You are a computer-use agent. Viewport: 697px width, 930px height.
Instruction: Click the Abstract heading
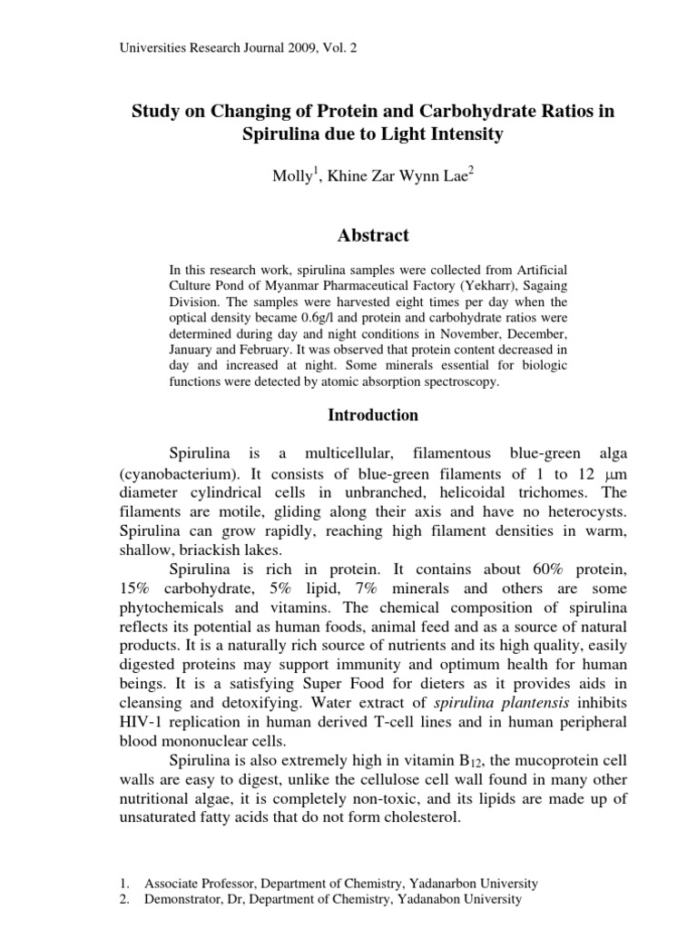(373, 235)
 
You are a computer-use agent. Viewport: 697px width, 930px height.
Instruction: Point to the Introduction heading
(373, 415)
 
